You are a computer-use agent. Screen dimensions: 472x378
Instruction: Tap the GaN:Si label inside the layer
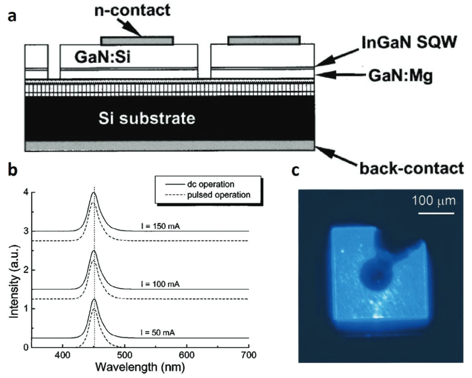[x=103, y=57]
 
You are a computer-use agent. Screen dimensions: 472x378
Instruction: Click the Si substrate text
[x=147, y=118]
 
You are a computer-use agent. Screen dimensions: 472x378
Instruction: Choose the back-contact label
[x=412, y=168]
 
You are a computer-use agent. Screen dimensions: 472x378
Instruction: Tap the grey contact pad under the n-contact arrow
[x=137, y=41]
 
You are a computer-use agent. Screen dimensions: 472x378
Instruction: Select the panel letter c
[x=296, y=171]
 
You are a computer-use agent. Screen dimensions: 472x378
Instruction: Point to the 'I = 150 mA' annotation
[x=160, y=226]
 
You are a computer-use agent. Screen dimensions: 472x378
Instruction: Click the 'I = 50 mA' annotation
[x=158, y=333]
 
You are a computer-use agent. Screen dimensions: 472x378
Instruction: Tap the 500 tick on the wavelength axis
[x=125, y=355]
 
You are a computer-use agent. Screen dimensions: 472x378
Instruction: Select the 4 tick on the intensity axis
[x=25, y=192]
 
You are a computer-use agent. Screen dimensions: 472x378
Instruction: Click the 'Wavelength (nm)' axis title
[x=140, y=368]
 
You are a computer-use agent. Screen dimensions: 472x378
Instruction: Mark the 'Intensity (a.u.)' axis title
[x=14, y=280]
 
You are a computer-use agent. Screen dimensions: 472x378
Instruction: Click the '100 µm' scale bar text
[x=434, y=201]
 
